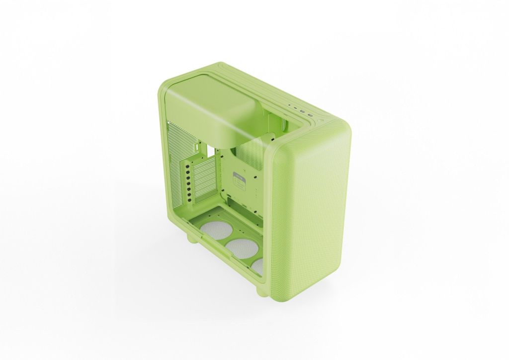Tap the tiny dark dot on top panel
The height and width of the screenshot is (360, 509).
tap(289, 105)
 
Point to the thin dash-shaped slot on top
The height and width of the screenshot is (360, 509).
tap(295, 108)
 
